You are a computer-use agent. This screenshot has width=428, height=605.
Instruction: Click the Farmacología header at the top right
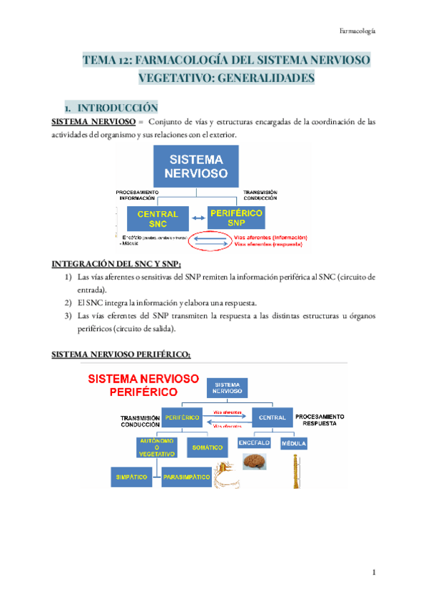click(357, 31)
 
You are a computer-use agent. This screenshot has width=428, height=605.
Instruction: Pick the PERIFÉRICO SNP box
click(237, 217)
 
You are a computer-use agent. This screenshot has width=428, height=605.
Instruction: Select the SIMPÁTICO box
click(131, 476)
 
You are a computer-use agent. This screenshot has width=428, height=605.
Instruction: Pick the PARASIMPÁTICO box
click(185, 476)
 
